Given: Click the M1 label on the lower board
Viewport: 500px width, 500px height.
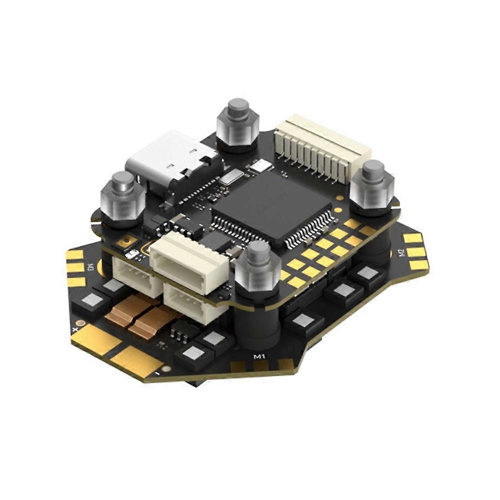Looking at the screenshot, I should (259, 357).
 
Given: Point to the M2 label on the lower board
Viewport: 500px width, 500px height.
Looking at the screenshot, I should (402, 253).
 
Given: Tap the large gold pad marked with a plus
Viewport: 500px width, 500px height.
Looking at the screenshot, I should (95, 340).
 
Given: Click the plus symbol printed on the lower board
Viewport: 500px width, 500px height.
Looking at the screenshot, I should (75, 330).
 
